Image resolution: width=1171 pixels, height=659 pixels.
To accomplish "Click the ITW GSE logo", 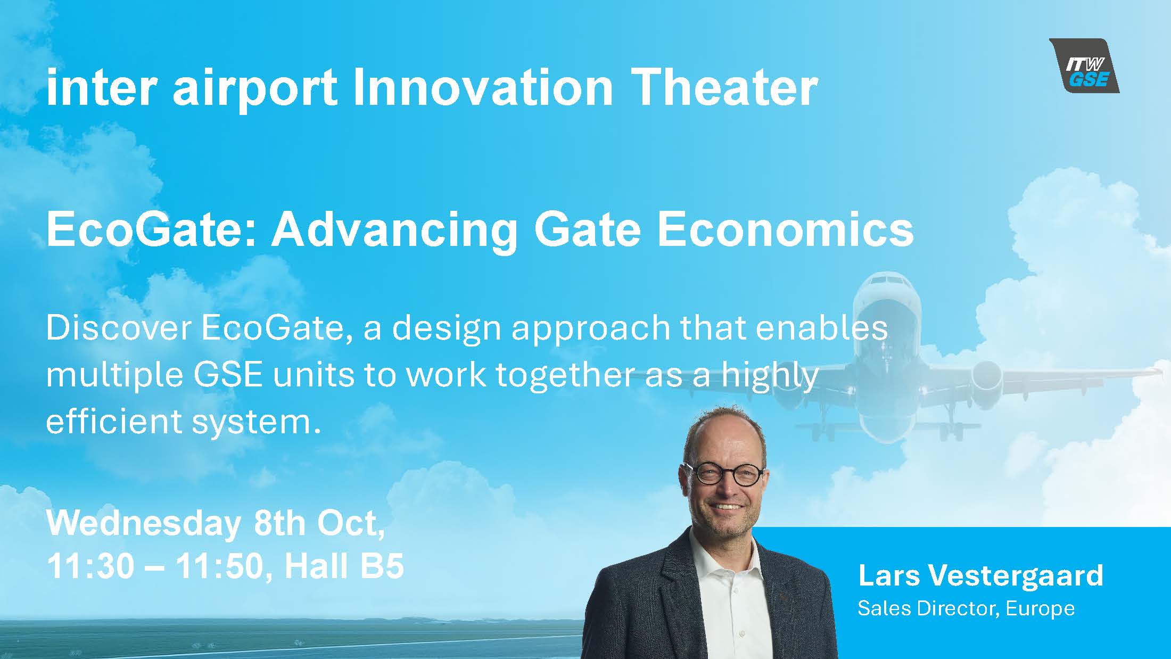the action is coord(1084,66).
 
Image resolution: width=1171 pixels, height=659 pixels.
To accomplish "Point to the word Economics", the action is coord(786,230).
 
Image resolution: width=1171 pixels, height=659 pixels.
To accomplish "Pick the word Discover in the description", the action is coord(119,328).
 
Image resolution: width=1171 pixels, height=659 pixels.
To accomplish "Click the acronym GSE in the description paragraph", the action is coord(228,375).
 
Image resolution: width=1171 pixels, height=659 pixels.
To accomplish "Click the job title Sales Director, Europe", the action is coord(966,608).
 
